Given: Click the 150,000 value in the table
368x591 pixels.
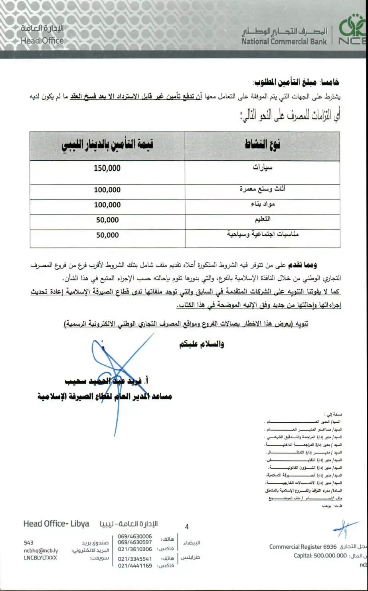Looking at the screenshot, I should tap(107, 168).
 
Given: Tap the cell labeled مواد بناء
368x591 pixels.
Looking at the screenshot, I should tap(262, 204).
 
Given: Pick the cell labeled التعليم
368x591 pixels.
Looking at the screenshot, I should tap(263, 219).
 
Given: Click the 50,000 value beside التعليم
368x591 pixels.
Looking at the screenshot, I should tap(107, 220).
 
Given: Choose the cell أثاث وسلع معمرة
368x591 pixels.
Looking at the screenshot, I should tap(262, 189).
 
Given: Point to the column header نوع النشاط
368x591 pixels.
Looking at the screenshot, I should tap(262, 144).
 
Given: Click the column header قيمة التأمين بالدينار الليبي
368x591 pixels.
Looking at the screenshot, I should tap(107, 145).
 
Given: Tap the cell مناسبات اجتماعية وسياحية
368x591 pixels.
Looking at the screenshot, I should tap(262, 234).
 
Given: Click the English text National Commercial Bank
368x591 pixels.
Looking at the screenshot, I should tap(284, 41).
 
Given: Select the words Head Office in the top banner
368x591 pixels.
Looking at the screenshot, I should tap(42, 40).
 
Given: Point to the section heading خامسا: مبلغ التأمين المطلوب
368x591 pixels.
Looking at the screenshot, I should tap(296, 82).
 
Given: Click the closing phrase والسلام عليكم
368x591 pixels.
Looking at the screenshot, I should tap(201, 344).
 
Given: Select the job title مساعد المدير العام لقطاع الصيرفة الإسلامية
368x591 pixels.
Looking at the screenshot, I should tap(105, 396).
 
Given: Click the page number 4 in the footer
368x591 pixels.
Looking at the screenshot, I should tap(187, 527).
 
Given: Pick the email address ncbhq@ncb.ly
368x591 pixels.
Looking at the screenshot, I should tap(41, 550).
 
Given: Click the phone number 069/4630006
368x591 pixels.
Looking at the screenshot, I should tap(135, 536).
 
